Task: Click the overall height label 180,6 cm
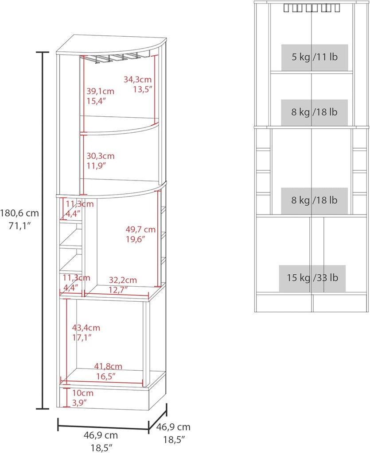(19, 213)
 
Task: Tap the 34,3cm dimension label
(137, 80)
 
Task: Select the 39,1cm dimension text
(100, 92)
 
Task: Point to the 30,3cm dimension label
(100, 156)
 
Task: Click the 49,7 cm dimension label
(140, 229)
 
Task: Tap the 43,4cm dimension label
(86, 328)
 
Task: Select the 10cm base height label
(83, 393)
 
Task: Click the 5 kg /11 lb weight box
(315, 57)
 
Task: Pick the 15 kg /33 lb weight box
(312, 278)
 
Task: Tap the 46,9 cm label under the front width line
(101, 435)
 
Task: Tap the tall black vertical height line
(43, 230)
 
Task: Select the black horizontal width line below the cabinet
(103, 427)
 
